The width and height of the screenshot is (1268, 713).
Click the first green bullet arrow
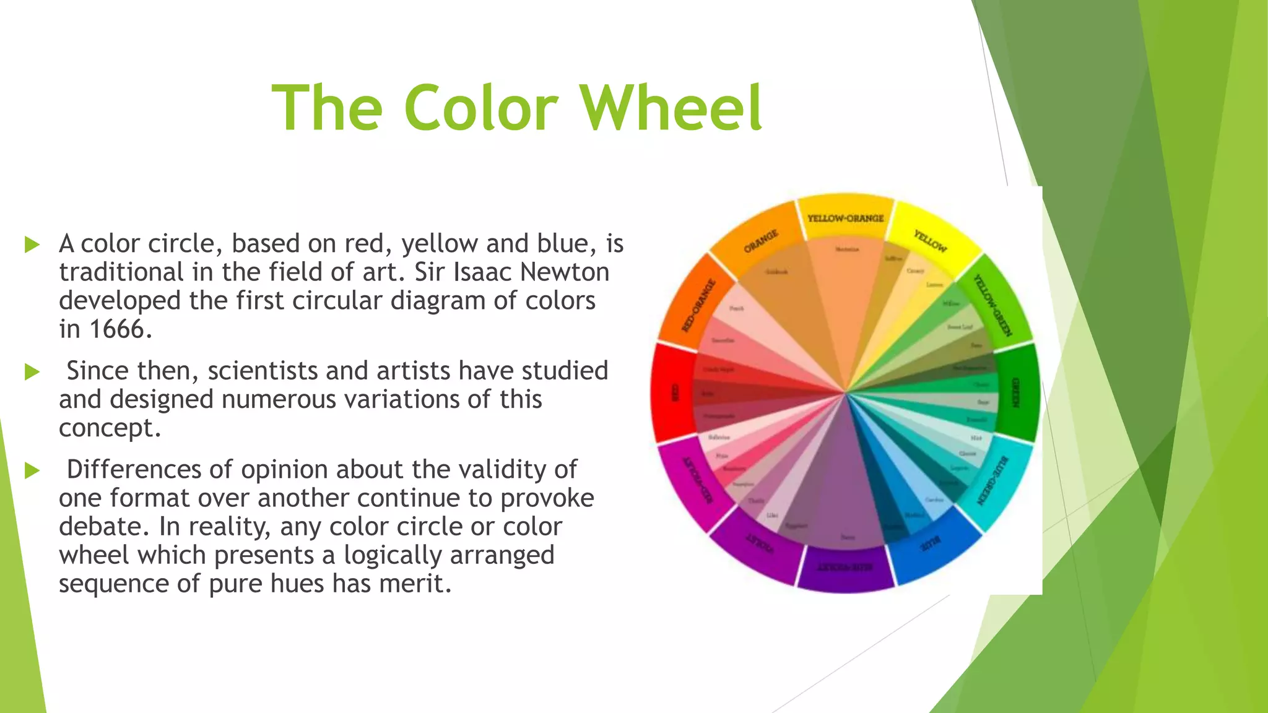click(x=32, y=244)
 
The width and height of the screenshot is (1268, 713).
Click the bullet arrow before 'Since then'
click(x=32, y=372)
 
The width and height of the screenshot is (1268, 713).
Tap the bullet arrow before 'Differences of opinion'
click(x=32, y=470)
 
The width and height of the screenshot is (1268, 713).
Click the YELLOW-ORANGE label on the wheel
click(x=845, y=218)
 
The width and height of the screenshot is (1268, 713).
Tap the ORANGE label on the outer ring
click(x=761, y=241)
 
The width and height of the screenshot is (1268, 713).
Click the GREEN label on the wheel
click(x=1015, y=392)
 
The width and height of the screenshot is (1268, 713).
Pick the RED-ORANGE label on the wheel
click(x=699, y=305)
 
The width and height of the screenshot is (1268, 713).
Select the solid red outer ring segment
click(x=673, y=392)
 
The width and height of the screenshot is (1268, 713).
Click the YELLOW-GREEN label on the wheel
click(x=993, y=305)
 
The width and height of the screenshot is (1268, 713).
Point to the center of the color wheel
click(x=845, y=392)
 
